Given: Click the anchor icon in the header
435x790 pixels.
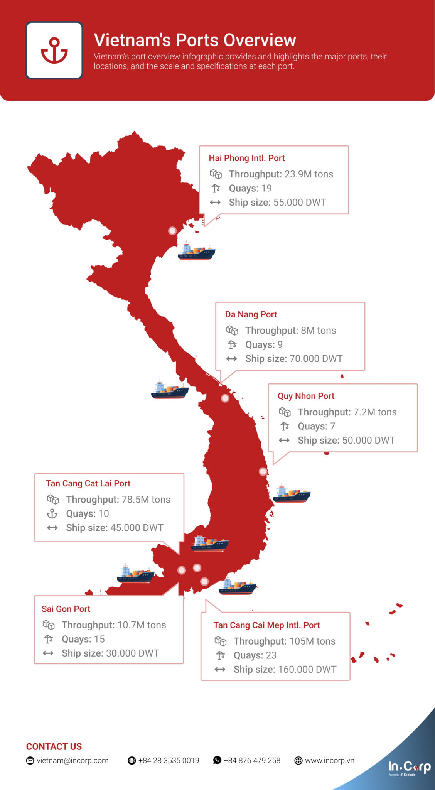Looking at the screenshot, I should (x=54, y=51).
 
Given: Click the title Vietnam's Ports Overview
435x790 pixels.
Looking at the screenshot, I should (x=195, y=40).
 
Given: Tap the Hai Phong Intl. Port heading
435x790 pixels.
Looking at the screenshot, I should (x=246, y=158).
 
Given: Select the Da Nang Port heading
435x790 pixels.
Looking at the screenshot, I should (x=251, y=314).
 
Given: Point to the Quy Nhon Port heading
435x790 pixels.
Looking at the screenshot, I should (x=306, y=396).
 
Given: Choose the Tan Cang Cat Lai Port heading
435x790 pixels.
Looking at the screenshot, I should (x=88, y=484).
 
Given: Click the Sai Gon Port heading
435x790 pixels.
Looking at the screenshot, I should (x=66, y=609).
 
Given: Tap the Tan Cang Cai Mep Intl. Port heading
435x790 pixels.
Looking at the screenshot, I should (x=266, y=625).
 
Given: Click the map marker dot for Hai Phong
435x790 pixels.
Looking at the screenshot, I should (x=172, y=231).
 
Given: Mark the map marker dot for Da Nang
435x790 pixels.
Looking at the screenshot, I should (x=225, y=398).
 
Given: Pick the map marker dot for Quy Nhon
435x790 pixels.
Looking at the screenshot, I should (x=263, y=471).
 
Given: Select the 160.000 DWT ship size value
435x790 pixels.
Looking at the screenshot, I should (x=307, y=670).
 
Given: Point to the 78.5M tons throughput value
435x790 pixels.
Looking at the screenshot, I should (x=146, y=500).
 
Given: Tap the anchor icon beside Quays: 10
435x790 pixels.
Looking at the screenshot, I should (x=52, y=514).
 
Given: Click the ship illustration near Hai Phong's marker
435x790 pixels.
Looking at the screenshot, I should (x=196, y=252).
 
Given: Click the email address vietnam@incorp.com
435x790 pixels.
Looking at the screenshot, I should (x=72, y=761).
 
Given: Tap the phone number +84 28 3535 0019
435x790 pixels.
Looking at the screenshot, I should (x=169, y=761).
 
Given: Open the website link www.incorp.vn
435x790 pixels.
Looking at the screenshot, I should (x=329, y=761).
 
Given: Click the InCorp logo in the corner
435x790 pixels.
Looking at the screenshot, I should (x=409, y=768).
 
